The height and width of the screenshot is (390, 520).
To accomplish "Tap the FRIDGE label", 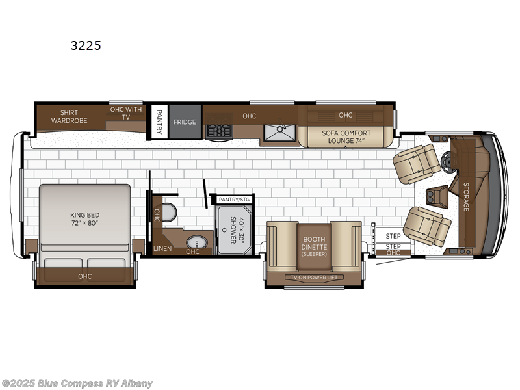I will tap(184, 122).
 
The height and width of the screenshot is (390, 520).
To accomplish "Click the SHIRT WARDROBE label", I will tap(70, 116).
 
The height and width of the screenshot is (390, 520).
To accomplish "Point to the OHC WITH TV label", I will tap(125, 113).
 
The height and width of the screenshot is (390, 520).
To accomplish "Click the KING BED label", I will tap(84, 218).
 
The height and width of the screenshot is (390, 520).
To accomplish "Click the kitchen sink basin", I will tap(279, 133).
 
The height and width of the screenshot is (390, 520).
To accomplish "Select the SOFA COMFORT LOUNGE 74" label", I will tap(346, 136).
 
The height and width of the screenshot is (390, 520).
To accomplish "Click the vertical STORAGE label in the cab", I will tap(466, 196).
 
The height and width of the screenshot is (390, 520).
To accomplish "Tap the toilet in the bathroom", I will tap(168, 212).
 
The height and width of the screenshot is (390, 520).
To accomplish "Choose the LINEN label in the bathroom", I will tap(162, 249).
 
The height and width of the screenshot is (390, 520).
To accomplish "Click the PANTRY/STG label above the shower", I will tap(233, 199).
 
